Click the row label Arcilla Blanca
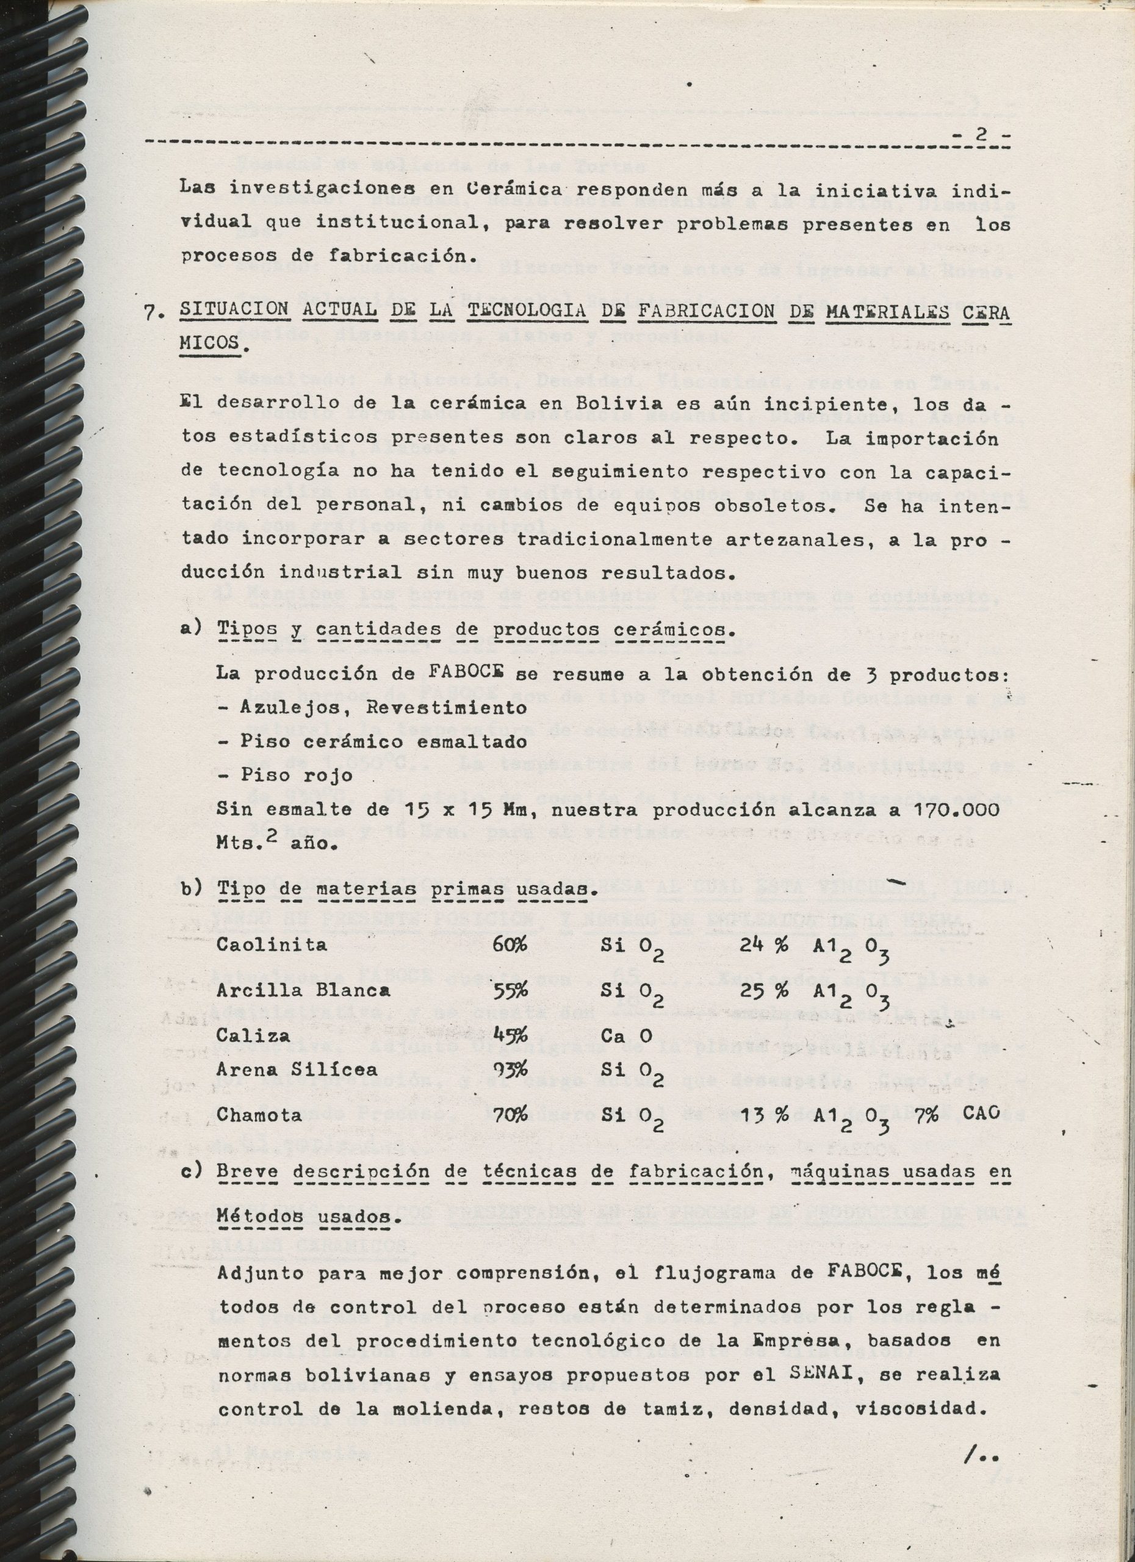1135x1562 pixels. [303, 990]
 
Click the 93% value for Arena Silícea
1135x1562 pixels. [510, 1070]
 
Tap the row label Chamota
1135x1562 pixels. [259, 1114]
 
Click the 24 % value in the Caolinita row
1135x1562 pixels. [764, 945]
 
